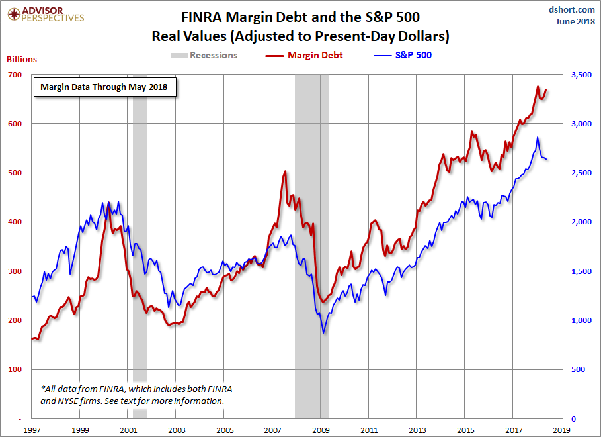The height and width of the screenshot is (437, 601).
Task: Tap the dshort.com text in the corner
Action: tap(573, 9)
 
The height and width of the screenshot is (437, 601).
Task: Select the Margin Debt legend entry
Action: tap(307, 56)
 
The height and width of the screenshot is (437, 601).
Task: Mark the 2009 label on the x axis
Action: tap(321, 430)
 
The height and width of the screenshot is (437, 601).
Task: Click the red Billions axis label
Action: tap(22, 59)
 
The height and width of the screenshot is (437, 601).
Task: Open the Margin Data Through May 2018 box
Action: tap(104, 87)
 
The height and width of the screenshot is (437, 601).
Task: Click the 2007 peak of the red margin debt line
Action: tap(285, 171)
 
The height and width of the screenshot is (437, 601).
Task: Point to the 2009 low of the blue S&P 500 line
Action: tap(323, 332)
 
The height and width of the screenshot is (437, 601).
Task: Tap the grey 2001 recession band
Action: tap(140, 265)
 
